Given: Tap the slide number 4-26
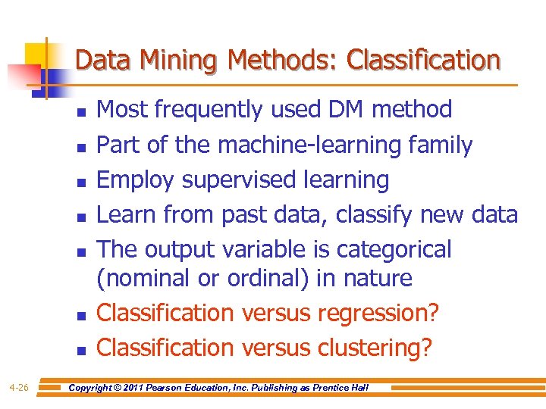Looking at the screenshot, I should click(19, 388).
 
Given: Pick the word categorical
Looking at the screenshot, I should click(394, 249).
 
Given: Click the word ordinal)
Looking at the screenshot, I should click(264, 278).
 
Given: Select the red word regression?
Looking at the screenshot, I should click(379, 313).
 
